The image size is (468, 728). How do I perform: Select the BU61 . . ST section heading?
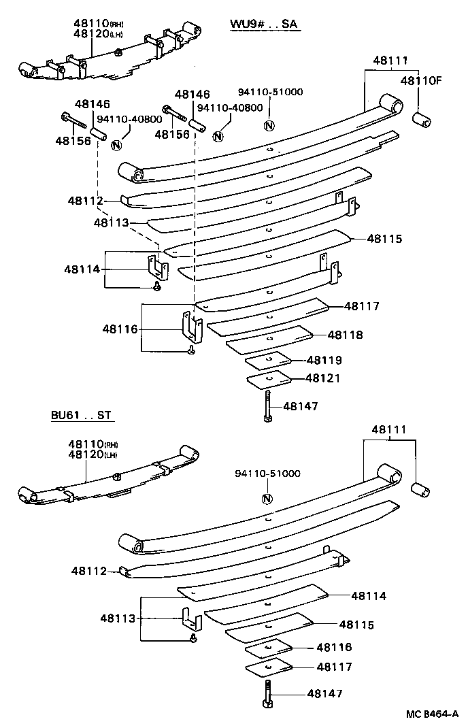(80, 415)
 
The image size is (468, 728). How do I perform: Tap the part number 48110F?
(420, 80)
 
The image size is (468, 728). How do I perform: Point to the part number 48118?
(345, 335)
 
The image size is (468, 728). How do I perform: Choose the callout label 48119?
(324, 360)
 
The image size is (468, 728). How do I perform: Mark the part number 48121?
(322, 378)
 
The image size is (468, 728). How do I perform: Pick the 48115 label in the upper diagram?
(385, 239)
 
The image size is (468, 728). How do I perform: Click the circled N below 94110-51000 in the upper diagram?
(269, 125)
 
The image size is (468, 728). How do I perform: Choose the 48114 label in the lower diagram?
(369, 596)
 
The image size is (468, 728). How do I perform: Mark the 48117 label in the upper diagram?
(362, 306)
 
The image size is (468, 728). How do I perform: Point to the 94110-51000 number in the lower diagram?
(267, 474)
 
